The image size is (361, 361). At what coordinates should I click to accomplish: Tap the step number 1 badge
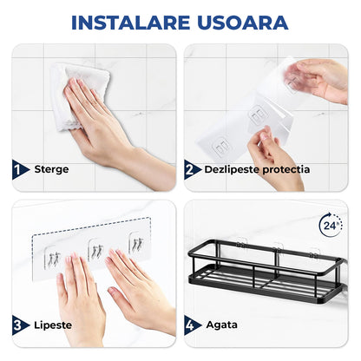click(19, 170)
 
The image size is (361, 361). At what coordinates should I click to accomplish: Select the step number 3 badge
click(19, 325)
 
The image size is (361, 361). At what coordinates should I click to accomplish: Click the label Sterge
click(51, 170)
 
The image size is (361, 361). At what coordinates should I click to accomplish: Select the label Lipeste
click(53, 325)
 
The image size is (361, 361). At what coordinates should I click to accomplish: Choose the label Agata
click(222, 325)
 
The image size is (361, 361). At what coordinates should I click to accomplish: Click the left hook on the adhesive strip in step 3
click(53, 253)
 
